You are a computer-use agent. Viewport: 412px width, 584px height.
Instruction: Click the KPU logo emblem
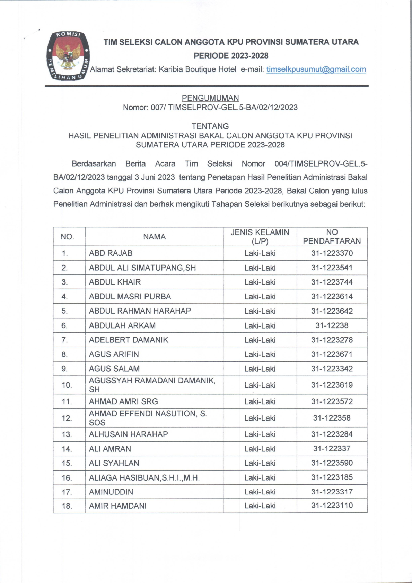[68, 56]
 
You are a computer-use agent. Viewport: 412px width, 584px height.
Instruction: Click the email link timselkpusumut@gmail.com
[316, 69]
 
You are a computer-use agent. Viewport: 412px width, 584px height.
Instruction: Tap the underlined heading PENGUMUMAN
[210, 98]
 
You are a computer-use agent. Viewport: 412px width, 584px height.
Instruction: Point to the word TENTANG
[210, 126]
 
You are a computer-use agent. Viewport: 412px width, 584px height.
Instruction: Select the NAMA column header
[154, 237]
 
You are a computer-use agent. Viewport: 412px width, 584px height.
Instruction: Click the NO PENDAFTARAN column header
[332, 237]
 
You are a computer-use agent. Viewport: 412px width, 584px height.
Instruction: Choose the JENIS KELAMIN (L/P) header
[260, 237]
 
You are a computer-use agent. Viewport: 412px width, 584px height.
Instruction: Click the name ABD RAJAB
[111, 253]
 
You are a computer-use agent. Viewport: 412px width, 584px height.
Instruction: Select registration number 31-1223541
[332, 268]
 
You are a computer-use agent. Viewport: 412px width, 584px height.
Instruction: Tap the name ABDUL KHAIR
[115, 282]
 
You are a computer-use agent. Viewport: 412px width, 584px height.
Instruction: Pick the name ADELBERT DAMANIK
[129, 340]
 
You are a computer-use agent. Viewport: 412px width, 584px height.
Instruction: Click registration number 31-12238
[332, 325]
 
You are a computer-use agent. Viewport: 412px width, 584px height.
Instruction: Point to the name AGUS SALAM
[114, 369]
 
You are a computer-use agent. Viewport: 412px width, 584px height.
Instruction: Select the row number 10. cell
[67, 385]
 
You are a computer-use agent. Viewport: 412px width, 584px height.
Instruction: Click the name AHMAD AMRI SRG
[123, 401]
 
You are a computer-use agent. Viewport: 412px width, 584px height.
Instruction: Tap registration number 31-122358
[332, 418]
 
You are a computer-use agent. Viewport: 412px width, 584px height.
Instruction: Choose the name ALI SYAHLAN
[114, 463]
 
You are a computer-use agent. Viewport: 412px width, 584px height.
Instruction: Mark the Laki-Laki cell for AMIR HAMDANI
[260, 506]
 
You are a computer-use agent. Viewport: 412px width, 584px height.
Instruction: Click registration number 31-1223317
[332, 492]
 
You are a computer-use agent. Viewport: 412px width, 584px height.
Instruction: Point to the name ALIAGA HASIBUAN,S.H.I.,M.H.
[144, 478]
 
